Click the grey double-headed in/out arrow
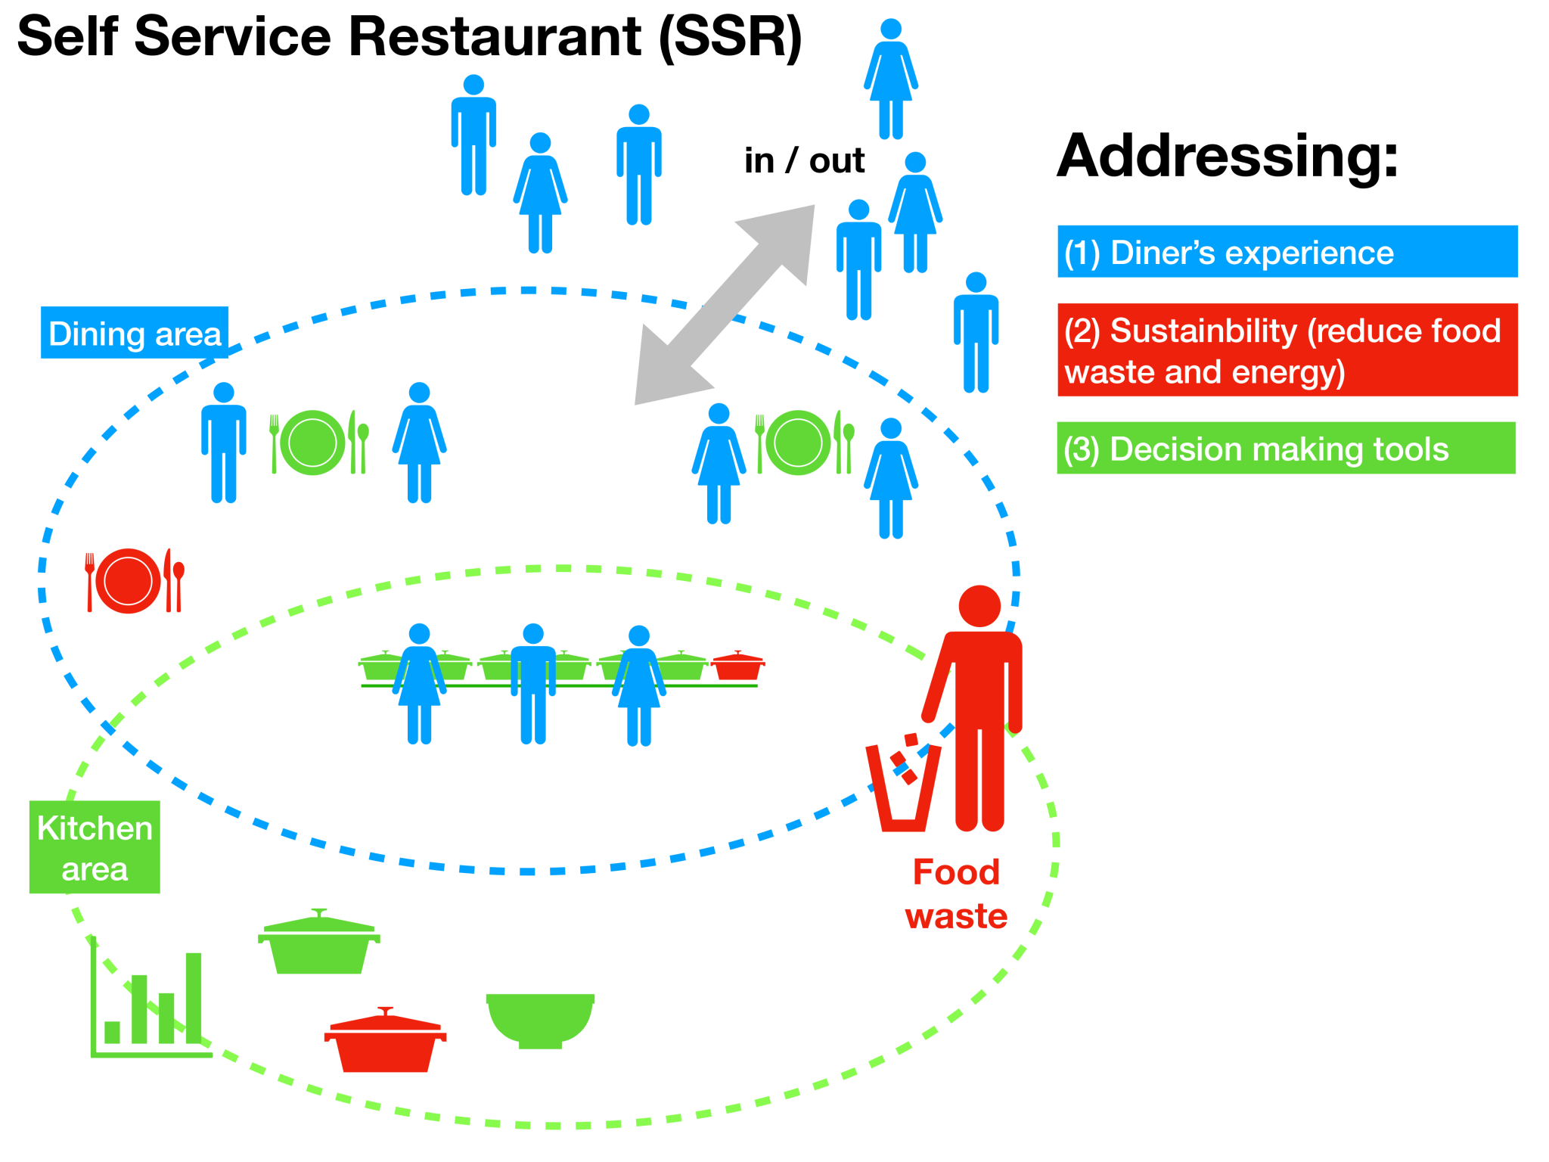tap(725, 305)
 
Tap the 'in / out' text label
tap(803, 161)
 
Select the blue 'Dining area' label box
tap(135, 333)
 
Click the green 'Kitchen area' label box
tap(95, 847)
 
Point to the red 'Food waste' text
tap(956, 893)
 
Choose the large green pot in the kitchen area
tap(318, 946)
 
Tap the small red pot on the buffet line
tap(737, 666)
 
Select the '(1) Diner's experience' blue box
tap(1287, 252)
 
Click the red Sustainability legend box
tap(1287, 350)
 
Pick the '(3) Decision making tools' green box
tap(1286, 449)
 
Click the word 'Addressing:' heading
tap(1228, 157)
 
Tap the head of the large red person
tap(979, 606)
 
